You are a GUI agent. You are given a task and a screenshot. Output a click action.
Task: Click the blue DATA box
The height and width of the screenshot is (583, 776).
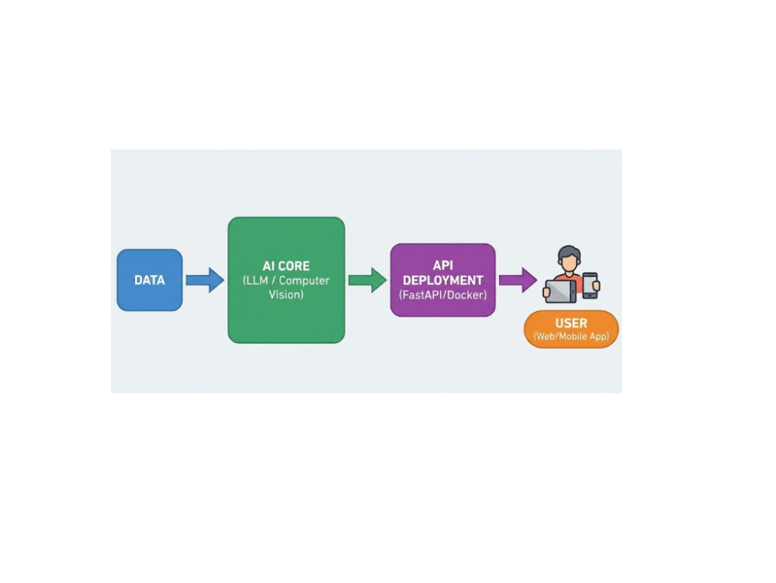pyautogui.click(x=150, y=280)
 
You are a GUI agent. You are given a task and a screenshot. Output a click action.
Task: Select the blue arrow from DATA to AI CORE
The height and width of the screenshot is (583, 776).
pyautogui.click(x=205, y=280)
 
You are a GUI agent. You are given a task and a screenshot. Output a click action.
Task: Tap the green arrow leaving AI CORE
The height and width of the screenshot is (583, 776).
pyautogui.click(x=368, y=280)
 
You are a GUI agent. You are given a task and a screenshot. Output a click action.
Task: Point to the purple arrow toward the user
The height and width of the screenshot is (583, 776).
pyautogui.click(x=518, y=280)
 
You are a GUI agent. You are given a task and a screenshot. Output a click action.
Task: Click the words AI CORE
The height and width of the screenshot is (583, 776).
pyautogui.click(x=286, y=265)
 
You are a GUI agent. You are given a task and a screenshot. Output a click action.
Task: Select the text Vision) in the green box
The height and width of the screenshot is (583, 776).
pyautogui.click(x=286, y=294)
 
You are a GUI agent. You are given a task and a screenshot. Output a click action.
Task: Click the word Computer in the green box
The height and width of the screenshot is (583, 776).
pyautogui.click(x=304, y=280)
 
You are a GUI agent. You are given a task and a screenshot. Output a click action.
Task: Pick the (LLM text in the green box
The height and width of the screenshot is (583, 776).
pyautogui.click(x=255, y=280)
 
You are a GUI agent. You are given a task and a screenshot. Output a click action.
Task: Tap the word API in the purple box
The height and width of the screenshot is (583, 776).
pyautogui.click(x=443, y=265)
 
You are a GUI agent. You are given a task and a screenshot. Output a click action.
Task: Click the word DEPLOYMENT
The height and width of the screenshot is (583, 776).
pyautogui.click(x=443, y=280)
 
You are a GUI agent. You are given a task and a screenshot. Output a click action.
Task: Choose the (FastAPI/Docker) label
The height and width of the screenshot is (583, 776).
pyautogui.click(x=443, y=295)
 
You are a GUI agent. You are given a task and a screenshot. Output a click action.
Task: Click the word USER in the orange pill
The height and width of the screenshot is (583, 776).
pyautogui.click(x=571, y=323)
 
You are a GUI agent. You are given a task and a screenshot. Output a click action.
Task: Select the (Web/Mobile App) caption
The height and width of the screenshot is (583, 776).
pyautogui.click(x=571, y=336)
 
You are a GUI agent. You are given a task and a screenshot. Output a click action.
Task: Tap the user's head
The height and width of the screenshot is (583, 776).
pyautogui.click(x=569, y=259)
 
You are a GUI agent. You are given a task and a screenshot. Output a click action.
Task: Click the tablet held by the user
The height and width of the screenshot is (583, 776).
pyautogui.click(x=560, y=291)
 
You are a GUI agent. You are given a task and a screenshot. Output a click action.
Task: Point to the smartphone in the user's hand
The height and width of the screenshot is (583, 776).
pyautogui.click(x=590, y=286)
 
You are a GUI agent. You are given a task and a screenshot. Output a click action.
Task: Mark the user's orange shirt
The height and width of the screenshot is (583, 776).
pyautogui.click(x=569, y=278)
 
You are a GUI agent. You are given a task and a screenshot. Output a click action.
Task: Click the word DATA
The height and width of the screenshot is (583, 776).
pyautogui.click(x=150, y=280)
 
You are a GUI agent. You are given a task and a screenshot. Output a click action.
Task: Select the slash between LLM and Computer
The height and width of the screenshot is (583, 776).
pyautogui.click(x=273, y=280)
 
